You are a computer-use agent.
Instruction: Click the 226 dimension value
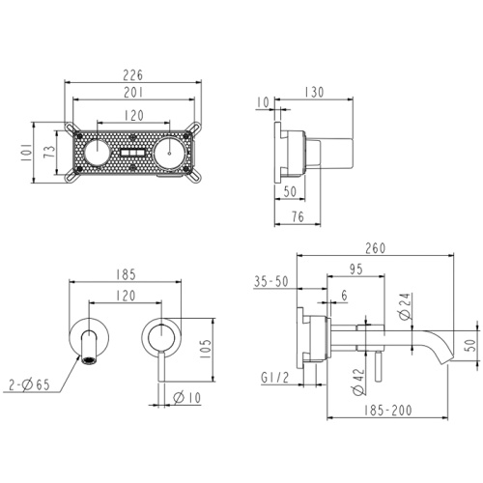tap(133, 75)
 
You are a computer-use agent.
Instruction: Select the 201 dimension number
tap(133, 93)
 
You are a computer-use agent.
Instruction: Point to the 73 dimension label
tap(49, 152)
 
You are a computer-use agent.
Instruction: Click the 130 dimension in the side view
tap(314, 92)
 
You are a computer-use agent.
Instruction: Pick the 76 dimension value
tap(298, 216)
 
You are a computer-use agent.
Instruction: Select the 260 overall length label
tap(376, 248)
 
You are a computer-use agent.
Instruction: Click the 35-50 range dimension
tap(271, 281)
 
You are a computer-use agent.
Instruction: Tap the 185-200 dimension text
tap(388, 411)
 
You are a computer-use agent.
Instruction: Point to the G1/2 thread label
tap(275, 378)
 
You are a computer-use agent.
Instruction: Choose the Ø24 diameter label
tap(405, 306)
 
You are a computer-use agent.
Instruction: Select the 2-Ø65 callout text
tap(29, 384)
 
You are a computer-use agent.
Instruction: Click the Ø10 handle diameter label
tap(187, 398)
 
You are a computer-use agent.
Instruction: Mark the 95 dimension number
tap(356, 270)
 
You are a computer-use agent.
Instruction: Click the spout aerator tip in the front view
tap(89, 360)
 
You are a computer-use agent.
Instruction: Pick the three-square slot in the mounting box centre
tap(132, 153)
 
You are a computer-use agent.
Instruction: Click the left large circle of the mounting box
tap(97, 153)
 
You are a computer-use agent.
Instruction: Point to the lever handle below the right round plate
tap(161, 366)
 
